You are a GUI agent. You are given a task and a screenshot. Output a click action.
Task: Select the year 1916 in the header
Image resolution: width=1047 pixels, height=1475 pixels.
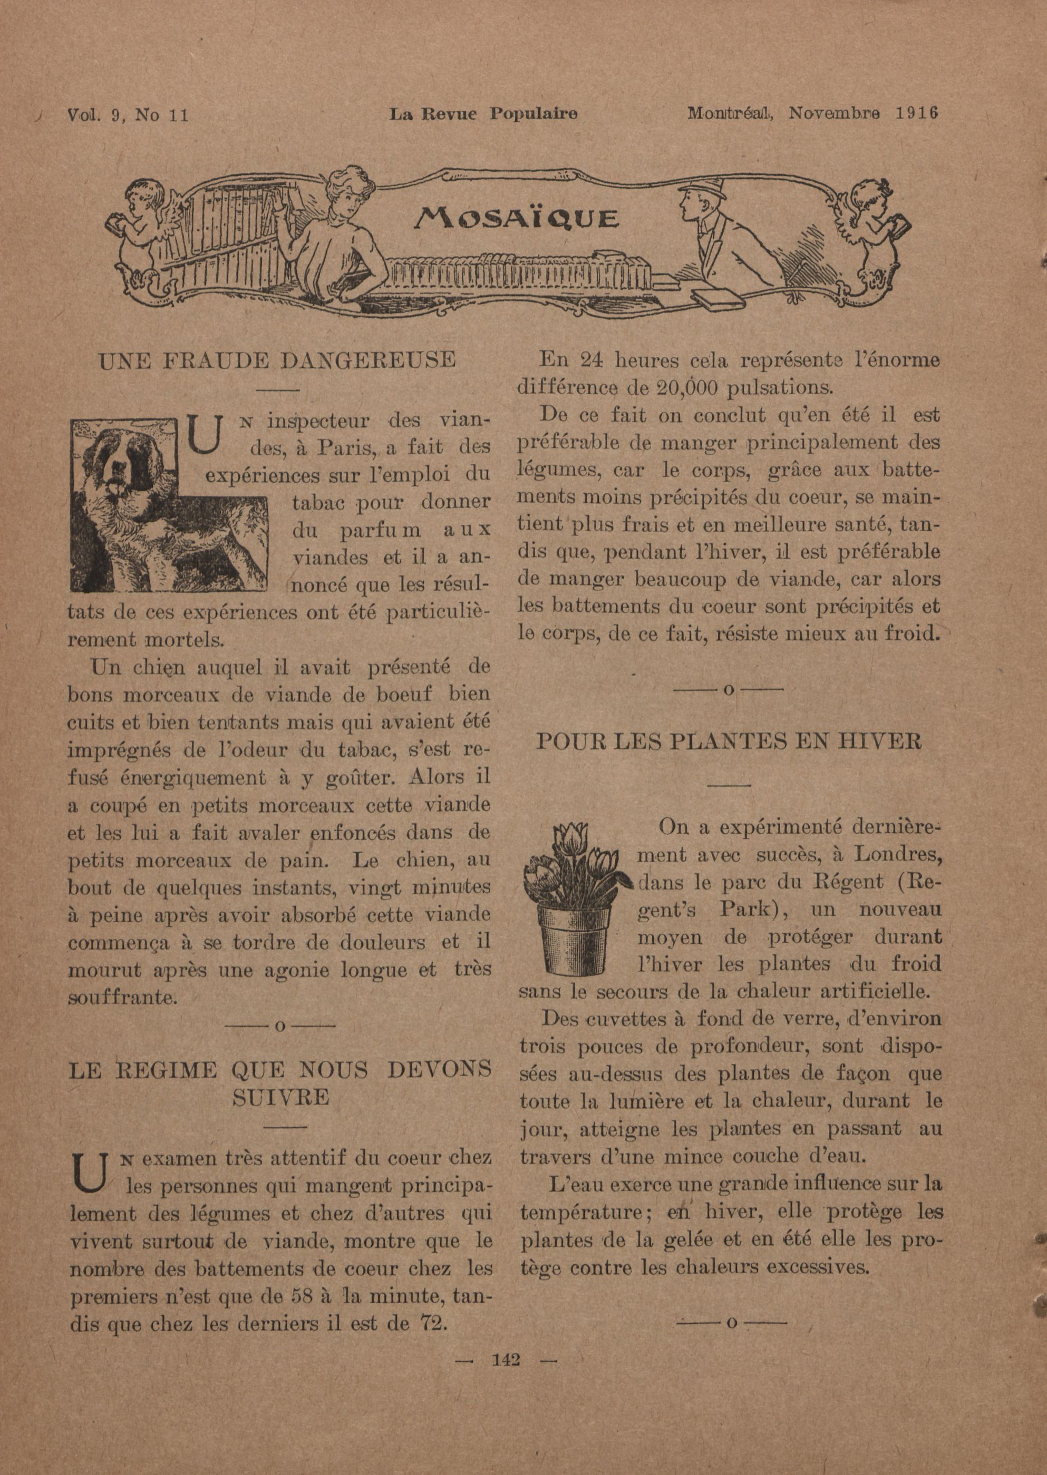[916, 113]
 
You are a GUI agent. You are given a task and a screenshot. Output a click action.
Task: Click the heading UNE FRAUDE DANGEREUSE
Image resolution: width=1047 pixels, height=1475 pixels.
[277, 359]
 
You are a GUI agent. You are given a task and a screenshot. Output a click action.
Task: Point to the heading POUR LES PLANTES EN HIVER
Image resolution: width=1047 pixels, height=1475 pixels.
[729, 741]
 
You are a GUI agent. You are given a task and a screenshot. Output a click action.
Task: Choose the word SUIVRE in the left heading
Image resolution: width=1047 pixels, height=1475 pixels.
[280, 1097]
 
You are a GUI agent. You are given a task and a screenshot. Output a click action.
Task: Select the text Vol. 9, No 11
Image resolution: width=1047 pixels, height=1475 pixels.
[127, 115]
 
